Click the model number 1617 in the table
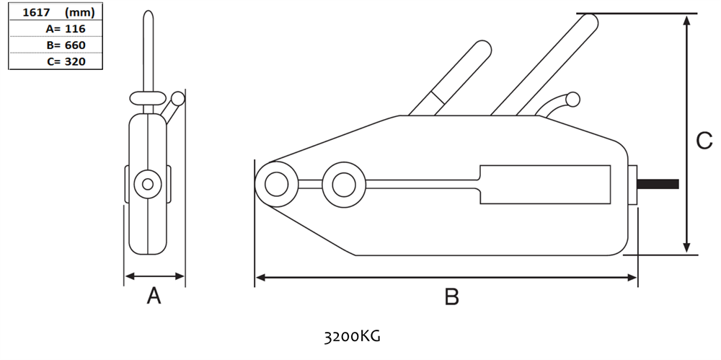point(36,12)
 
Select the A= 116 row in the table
point(66,29)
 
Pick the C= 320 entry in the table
point(66,61)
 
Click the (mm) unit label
point(79,12)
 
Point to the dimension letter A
point(154,296)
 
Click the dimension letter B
point(451,297)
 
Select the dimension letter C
point(704,141)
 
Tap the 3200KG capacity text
point(353,337)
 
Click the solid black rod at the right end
point(658,184)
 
